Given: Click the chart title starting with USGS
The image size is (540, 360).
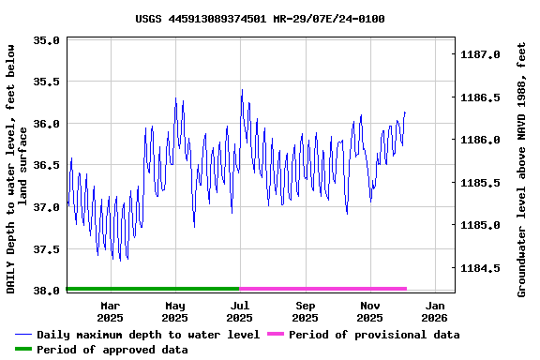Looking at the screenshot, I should [x=260, y=19].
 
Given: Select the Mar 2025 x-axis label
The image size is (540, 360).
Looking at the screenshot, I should [x=111, y=311].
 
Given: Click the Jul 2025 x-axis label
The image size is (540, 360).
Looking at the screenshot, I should [x=240, y=311].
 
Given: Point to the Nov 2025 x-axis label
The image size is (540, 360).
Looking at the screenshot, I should [x=370, y=311].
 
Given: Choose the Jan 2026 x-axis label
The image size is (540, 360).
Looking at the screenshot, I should [x=435, y=311].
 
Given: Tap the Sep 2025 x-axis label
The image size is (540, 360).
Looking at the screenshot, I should [x=305, y=311].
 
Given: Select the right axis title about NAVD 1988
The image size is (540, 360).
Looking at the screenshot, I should [x=521, y=169].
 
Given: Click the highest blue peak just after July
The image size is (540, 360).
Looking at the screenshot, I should [x=242, y=90].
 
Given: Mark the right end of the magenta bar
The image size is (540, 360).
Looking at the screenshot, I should [x=406, y=289].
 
